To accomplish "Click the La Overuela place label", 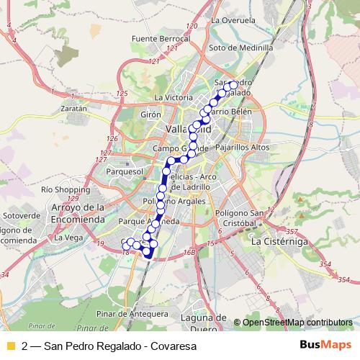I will [230, 21].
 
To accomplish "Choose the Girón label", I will [150, 114].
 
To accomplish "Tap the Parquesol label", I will [125, 173].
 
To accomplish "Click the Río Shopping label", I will [66, 189].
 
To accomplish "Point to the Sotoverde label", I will [22, 215].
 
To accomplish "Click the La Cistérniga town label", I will [279, 243].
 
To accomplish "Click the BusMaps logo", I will [325, 346].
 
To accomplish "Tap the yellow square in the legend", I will [10, 346].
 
